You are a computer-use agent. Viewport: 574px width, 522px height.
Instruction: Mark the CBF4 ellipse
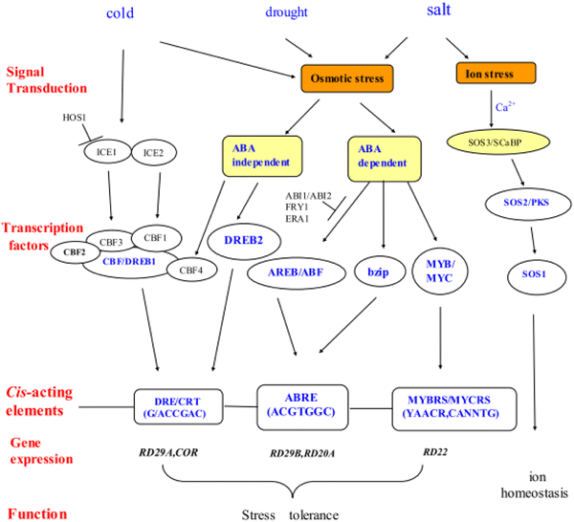[x=190, y=271]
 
